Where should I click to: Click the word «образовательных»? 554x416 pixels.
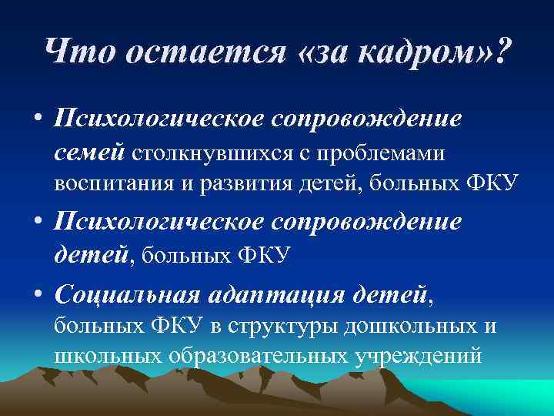pyautogui.click(x=255, y=356)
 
